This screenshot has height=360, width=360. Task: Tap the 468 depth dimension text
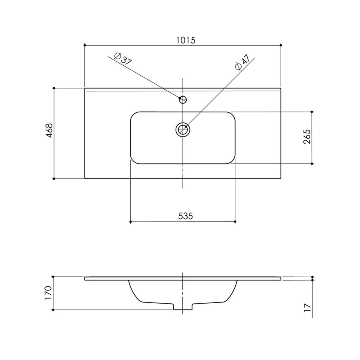point(49,131)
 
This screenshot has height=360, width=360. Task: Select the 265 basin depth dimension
point(307,137)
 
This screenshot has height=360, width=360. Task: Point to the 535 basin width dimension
point(186,216)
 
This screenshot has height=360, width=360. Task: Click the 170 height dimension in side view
point(49,293)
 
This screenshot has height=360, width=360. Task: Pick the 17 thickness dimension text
point(307,307)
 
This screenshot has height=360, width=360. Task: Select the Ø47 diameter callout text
point(242,62)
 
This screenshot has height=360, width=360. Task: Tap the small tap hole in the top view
point(183,99)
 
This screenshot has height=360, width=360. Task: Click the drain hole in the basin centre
point(183,129)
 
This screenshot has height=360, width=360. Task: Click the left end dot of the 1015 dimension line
point(85,45)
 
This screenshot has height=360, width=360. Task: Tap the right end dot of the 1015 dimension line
point(281,45)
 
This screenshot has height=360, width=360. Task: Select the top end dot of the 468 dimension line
point(54,88)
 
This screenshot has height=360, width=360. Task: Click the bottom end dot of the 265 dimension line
point(312,164)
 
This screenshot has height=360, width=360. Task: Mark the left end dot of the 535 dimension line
point(131,221)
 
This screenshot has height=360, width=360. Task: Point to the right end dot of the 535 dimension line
point(235,221)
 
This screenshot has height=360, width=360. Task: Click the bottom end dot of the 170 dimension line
point(54,309)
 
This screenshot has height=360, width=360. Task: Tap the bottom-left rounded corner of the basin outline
point(134,160)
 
